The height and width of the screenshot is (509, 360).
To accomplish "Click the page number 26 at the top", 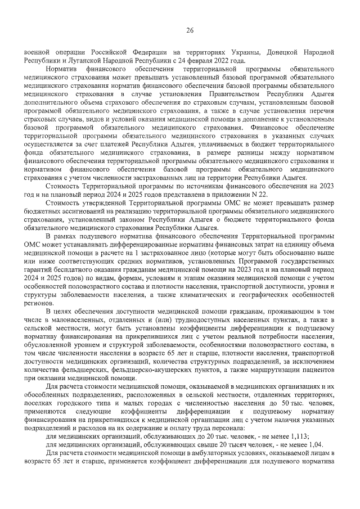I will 190,30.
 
